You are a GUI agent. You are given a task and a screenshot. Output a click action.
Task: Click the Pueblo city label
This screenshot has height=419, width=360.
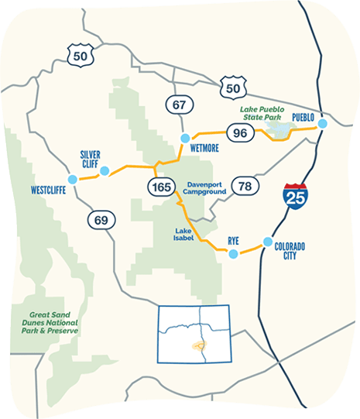pyautogui.click(x=303, y=117)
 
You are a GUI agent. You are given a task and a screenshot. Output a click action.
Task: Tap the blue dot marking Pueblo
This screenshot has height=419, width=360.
pyautogui.click(x=323, y=123)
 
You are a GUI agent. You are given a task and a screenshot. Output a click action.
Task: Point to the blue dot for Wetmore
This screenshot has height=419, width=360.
pyautogui.click(x=184, y=138)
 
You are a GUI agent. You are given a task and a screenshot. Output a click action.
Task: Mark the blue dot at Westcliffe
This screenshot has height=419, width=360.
pyautogui.click(x=73, y=179)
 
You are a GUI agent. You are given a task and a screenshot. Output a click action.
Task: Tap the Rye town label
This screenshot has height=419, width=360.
pyautogui.click(x=234, y=241)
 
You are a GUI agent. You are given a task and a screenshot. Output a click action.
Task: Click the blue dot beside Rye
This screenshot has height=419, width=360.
pyautogui.click(x=232, y=252)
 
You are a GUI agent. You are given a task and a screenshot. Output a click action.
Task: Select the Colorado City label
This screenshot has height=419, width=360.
pyautogui.click(x=290, y=250)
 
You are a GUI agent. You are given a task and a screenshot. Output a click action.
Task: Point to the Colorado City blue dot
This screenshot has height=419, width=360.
pyautogui.click(x=269, y=241)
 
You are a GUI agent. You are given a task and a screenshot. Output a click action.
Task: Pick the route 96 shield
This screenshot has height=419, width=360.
pyautogui.click(x=241, y=133)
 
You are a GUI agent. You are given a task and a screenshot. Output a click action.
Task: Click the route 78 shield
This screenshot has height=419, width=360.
pyautogui.click(x=246, y=186)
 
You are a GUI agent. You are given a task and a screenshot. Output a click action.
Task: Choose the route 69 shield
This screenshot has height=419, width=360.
pyautogui.click(x=101, y=220)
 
